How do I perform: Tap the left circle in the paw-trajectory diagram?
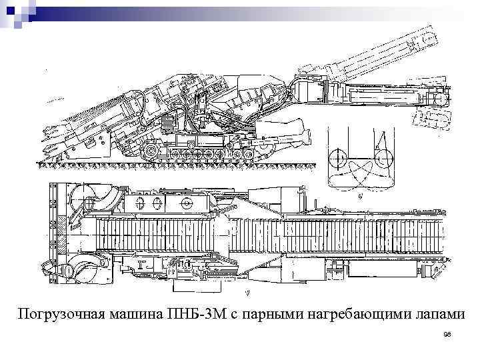coord(338,159)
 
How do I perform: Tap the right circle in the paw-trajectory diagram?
coord(383,159)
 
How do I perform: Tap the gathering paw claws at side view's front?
coord(57,136)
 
